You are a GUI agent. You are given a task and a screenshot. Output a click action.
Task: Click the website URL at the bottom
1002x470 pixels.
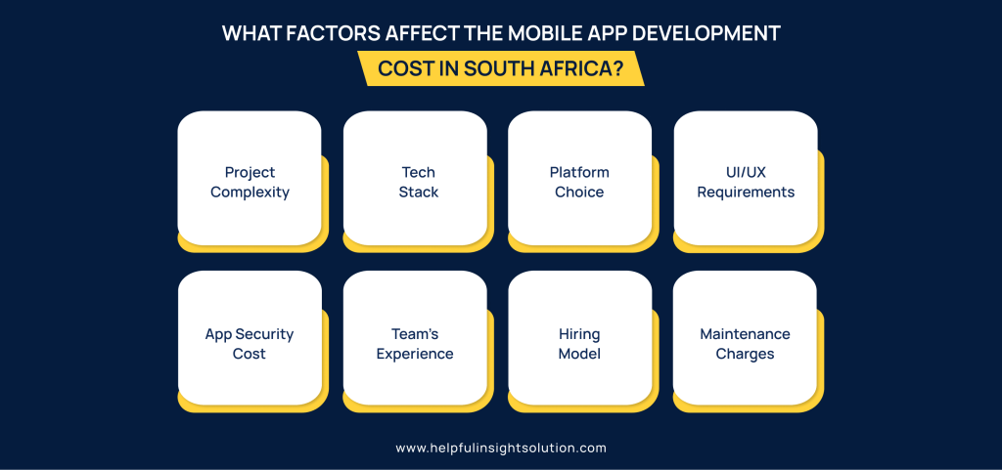[x=501, y=448]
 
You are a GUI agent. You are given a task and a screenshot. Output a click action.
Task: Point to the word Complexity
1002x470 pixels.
[x=250, y=192]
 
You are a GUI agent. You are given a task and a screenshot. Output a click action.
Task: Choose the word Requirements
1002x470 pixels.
[x=746, y=192]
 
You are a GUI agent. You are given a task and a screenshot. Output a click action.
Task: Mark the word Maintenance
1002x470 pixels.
[x=745, y=334]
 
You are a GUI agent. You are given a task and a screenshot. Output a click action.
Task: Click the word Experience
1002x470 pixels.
[x=415, y=354]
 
